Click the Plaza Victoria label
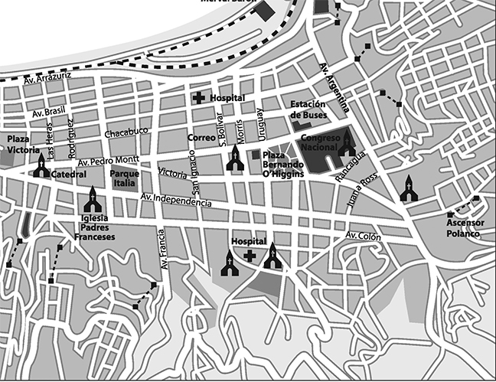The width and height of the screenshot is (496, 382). (22, 143)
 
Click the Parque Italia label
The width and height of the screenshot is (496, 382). (124, 179)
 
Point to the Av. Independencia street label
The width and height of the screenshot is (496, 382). (176, 200)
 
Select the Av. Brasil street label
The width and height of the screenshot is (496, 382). (49, 112)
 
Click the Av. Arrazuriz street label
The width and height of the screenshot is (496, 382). (47, 77)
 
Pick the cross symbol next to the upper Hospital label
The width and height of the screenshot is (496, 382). (198, 98)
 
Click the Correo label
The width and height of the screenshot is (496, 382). (201, 139)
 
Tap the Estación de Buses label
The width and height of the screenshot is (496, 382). (308, 110)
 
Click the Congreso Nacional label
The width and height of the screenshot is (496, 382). (319, 143)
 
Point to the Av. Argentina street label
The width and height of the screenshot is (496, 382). (334, 87)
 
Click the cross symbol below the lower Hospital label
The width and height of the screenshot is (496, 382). (249, 255)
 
